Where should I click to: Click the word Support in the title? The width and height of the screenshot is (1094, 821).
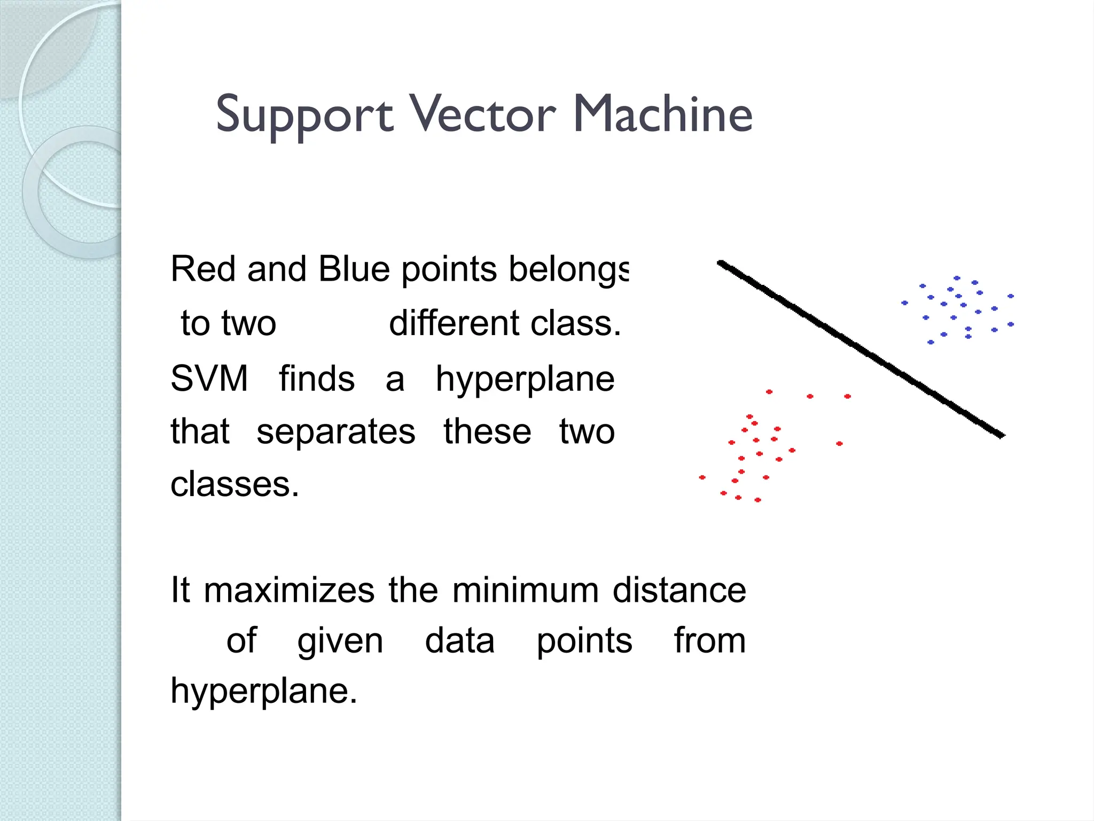pos(304,115)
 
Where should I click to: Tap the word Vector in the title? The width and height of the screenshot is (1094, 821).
pos(483,114)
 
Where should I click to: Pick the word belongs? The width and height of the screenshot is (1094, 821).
pos(568,270)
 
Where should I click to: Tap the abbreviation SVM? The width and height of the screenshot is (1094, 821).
pos(209,378)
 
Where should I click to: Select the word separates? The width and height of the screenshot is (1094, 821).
pos(335,432)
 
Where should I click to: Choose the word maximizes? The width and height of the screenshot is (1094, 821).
pos(289,591)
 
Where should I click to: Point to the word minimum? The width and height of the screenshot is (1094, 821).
pos(526,591)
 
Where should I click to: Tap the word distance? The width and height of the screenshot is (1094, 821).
pos(679,591)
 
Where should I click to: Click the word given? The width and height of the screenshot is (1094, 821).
pos(340,641)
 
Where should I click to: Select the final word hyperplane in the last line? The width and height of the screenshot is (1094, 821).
pos(263,691)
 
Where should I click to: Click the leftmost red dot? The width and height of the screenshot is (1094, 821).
pos(702,477)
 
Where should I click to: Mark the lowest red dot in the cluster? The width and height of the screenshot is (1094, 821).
pos(757,500)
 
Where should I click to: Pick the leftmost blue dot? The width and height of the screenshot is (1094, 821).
pos(904,303)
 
